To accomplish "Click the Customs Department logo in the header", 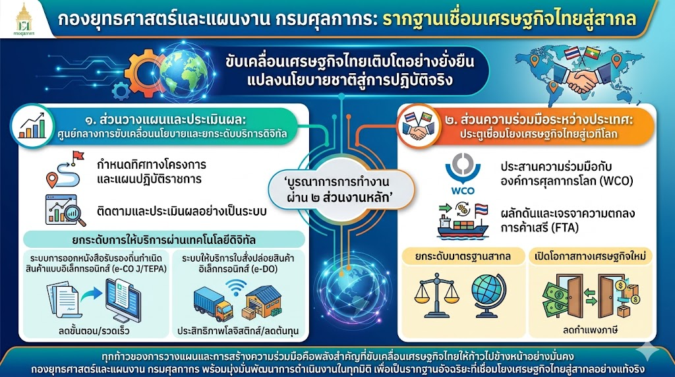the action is coord(24,19).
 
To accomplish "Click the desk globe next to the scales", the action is coord(489,295).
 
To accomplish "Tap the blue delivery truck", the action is coord(213,304).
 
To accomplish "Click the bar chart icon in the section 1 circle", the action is coord(32,126).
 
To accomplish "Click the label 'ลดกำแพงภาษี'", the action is coord(590,330).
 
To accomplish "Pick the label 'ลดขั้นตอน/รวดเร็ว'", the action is coord(94,331).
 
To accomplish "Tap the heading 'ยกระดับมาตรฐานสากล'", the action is coord(463,256).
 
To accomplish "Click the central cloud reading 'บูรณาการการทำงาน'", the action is coord(341,189).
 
